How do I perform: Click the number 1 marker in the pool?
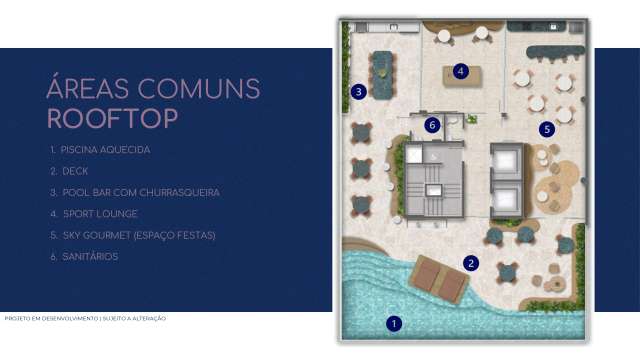pyautogui.click(x=394, y=323)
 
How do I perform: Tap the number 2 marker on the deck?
pyautogui.click(x=471, y=263)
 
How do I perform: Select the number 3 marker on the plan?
pyautogui.click(x=358, y=92)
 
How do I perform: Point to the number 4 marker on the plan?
pyautogui.click(x=460, y=71)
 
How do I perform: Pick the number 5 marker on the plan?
pyautogui.click(x=546, y=129)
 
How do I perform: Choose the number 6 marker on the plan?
pyautogui.click(x=432, y=125)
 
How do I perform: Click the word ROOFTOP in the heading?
pyautogui.click(x=113, y=119)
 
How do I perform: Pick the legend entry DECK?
pyautogui.click(x=76, y=171)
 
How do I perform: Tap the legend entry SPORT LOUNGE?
pyautogui.click(x=100, y=214)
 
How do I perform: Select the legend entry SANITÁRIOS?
pyautogui.click(x=91, y=257)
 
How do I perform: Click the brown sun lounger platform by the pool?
pyautogui.click(x=439, y=280)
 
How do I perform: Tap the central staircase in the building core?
pyautogui.click(x=433, y=187)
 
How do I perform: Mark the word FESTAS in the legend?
pyautogui.click(x=194, y=235)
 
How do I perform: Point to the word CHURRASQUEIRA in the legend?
pyautogui.click(x=180, y=192)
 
